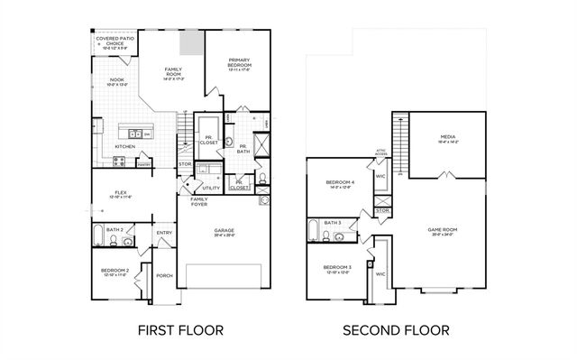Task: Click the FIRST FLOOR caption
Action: tap(180, 330)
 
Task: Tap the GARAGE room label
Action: tap(224, 232)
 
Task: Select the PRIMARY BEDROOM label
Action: tap(239, 63)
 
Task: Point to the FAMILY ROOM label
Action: tap(173, 72)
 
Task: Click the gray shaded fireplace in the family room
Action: tap(191, 43)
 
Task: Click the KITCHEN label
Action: tap(125, 145)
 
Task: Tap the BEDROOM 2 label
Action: tap(114, 272)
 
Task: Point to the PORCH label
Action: tap(164, 275)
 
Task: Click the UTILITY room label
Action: tap(211, 188)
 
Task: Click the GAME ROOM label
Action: tap(442, 231)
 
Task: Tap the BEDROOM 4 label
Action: tap(339, 184)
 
